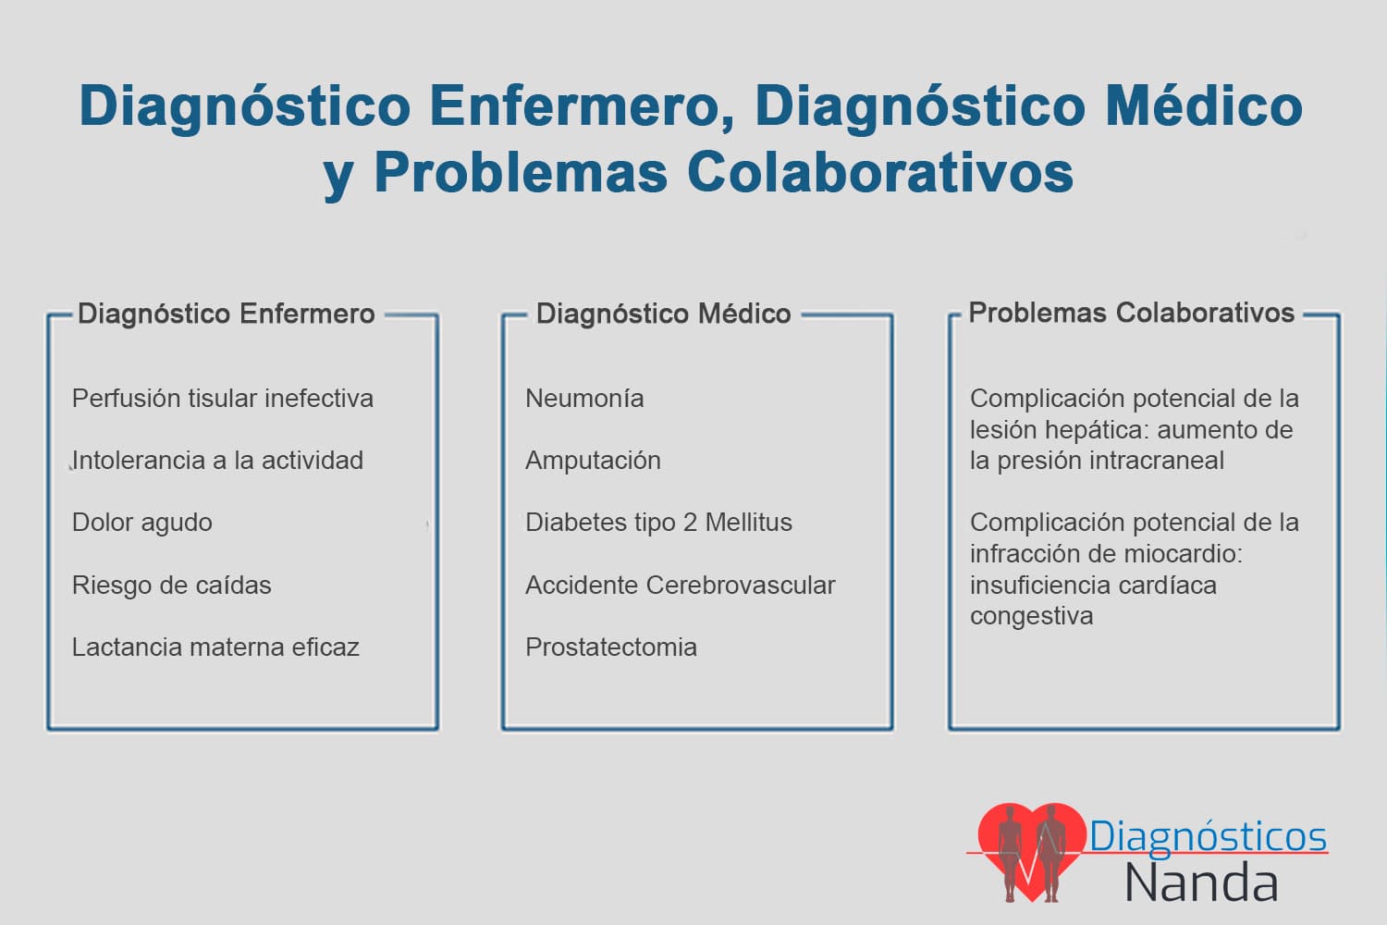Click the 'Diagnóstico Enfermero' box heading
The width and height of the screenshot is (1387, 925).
[226, 314]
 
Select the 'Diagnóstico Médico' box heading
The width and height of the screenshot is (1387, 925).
[663, 314]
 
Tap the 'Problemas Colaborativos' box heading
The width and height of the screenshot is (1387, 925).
[1131, 313]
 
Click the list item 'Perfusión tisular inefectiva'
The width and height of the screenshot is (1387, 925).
[222, 399]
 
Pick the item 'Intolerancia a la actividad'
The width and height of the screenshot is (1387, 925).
[217, 461]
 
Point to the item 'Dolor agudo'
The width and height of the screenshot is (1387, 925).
[141, 524]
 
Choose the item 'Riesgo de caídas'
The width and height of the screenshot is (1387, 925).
[171, 585]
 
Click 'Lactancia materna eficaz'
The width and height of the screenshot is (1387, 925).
[215, 647]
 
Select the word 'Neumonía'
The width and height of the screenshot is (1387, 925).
[584, 399]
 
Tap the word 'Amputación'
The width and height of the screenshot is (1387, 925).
[594, 462]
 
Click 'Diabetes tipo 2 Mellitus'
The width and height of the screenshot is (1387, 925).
[658, 524]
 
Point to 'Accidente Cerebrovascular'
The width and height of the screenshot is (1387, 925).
[681, 585]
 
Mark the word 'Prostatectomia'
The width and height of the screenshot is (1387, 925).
[611, 647]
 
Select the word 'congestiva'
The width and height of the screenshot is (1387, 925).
[1032, 617]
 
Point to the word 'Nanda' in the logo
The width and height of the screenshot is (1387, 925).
[1201, 882]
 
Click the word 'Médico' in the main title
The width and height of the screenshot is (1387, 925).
[1204, 106]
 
